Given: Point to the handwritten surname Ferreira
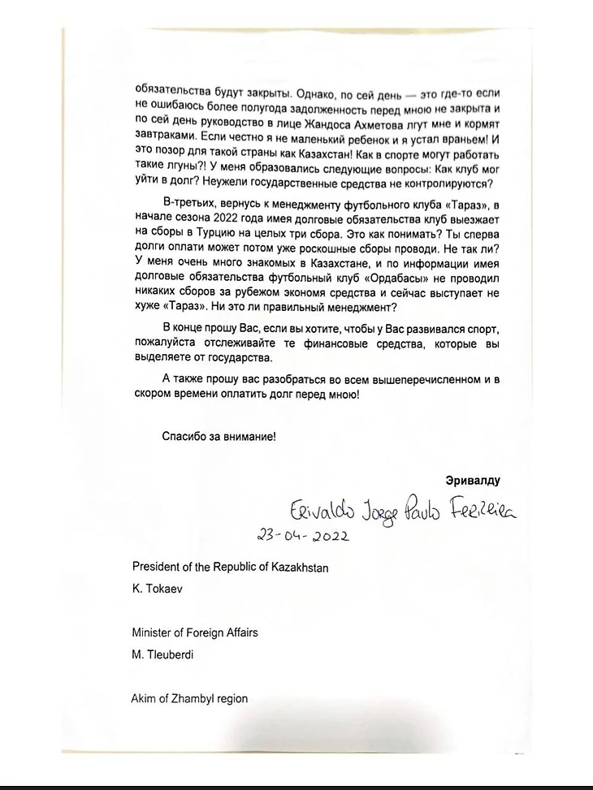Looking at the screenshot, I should (x=483, y=509).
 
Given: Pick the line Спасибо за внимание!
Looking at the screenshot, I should (x=219, y=436).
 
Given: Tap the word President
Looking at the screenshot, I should (x=157, y=568).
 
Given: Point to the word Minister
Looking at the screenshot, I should (x=153, y=632).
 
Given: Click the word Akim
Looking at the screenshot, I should (x=145, y=698).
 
